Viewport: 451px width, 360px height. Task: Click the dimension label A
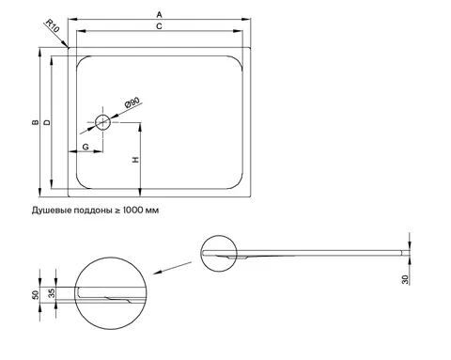click(159, 14)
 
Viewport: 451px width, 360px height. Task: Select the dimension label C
click(159, 26)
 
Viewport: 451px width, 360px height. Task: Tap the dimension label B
click(36, 122)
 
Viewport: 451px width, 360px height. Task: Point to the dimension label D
click(47, 122)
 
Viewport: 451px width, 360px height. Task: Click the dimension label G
click(86, 147)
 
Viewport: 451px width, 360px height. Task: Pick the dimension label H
click(135, 160)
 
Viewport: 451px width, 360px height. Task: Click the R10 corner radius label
click(52, 25)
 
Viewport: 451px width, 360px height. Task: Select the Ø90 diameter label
click(132, 102)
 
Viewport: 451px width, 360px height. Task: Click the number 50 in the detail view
click(36, 294)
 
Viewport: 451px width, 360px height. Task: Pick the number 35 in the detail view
click(52, 293)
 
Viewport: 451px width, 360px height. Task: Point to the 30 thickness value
click(405, 279)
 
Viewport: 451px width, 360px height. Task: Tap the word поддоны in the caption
click(93, 211)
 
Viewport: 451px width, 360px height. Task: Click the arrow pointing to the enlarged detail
click(172, 268)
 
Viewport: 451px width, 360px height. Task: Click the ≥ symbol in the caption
click(117, 211)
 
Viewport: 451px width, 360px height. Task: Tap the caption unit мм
click(152, 211)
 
